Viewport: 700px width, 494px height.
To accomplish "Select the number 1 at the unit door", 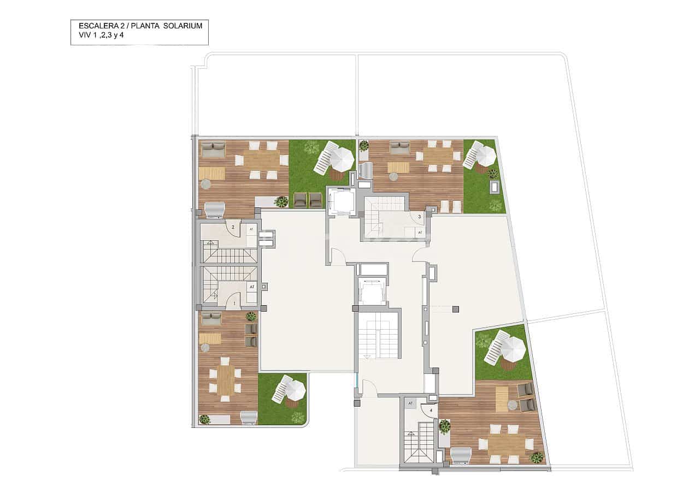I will click(x=234, y=302).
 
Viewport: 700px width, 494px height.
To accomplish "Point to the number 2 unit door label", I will click(x=233, y=227).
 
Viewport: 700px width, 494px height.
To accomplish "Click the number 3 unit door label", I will click(x=419, y=217).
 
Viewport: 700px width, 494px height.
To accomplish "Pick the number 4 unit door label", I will click(x=431, y=409).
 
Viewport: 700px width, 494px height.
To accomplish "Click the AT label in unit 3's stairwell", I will click(x=420, y=233).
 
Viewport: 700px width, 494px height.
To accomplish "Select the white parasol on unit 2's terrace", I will click(x=342, y=158).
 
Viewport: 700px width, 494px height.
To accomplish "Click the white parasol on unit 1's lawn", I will click(x=295, y=389).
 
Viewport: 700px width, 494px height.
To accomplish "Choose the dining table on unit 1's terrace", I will click(x=225, y=380).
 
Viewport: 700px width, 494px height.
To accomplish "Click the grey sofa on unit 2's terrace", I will click(x=213, y=150).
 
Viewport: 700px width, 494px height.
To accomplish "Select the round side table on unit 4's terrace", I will click(x=512, y=404).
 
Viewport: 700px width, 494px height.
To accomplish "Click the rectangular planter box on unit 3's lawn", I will click(x=494, y=187).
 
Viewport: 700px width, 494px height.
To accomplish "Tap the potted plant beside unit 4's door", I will click(x=445, y=426).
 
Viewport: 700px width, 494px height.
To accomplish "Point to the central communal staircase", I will click(x=378, y=338).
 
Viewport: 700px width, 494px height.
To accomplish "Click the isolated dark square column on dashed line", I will click(x=455, y=310).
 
